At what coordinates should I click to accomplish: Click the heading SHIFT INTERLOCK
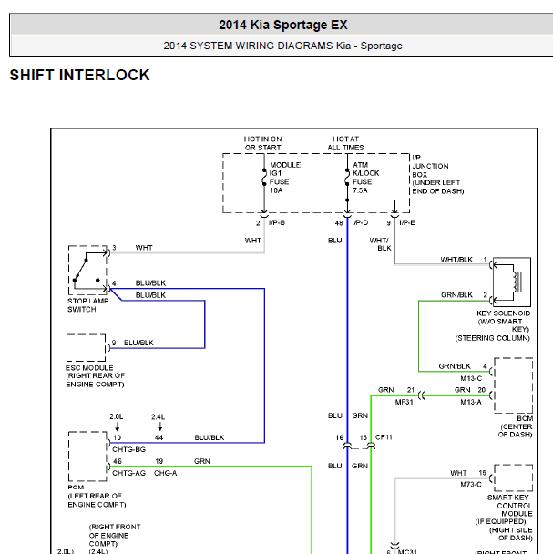point(79,75)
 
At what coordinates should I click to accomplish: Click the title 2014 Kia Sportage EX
point(283,25)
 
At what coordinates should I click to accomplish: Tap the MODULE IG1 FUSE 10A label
point(285,178)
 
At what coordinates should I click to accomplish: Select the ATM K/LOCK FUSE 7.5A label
point(366,178)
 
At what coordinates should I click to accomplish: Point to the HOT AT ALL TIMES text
point(345,143)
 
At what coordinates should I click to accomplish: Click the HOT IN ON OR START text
point(263,143)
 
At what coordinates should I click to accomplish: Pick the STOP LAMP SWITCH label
point(88,305)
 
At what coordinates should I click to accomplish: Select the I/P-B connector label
point(277,222)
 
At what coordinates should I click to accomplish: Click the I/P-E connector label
point(407,222)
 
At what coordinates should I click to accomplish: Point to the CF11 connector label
point(384,437)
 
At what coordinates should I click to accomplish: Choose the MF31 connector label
point(404,402)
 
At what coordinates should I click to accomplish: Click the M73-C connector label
point(471,485)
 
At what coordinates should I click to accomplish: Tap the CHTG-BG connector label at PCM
point(128,449)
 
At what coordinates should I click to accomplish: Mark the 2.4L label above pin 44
point(158,417)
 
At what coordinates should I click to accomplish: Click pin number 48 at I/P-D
point(339,223)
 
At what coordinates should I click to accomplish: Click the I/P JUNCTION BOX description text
point(438,174)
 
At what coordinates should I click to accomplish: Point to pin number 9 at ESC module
point(114,343)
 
